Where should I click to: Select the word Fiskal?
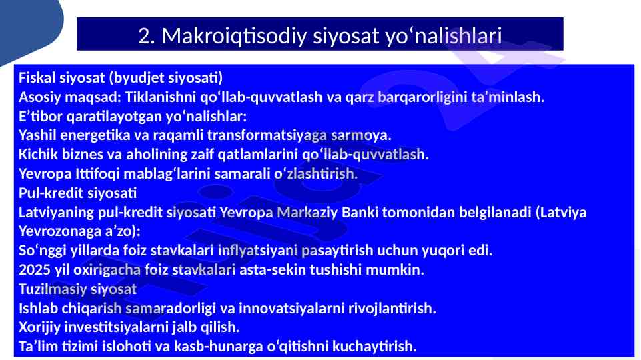tap(37, 77)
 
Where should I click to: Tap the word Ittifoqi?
tap(97, 173)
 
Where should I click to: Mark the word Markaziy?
tap(307, 212)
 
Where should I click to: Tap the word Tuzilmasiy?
tap(52, 289)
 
